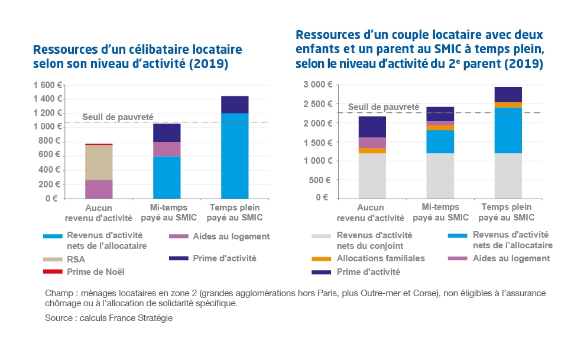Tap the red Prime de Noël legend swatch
50,272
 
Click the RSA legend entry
76,258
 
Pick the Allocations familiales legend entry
381,258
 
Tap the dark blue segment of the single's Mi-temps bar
166,132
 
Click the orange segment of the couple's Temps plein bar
508,105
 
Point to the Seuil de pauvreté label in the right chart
383,107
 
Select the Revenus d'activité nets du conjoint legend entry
375,239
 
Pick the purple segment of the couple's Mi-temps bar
440,123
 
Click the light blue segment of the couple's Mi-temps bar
440,141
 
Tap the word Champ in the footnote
57,294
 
